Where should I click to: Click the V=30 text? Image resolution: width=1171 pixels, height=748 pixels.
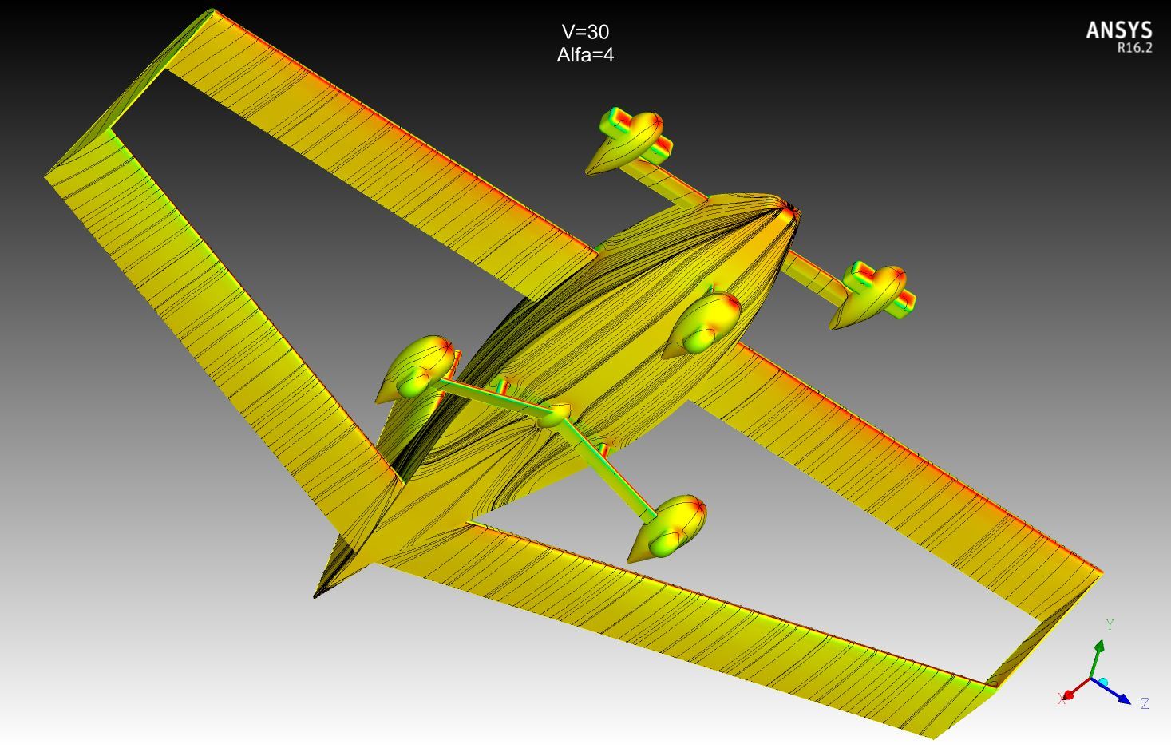pos(585,32)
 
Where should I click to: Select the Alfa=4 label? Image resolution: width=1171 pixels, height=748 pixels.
pos(585,55)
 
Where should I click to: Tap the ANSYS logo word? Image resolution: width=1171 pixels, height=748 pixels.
pos(1119,30)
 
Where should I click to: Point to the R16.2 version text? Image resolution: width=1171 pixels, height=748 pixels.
pos(1134,48)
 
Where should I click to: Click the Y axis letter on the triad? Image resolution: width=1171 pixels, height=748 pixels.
pos(1110,624)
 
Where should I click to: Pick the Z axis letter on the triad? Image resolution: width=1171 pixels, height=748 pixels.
pos(1145,703)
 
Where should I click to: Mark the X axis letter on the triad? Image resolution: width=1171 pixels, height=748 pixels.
pos(1061,699)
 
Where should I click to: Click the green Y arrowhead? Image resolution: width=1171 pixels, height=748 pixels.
pos(1099,647)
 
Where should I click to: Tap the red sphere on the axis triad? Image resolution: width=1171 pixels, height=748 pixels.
pos(1069,695)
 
